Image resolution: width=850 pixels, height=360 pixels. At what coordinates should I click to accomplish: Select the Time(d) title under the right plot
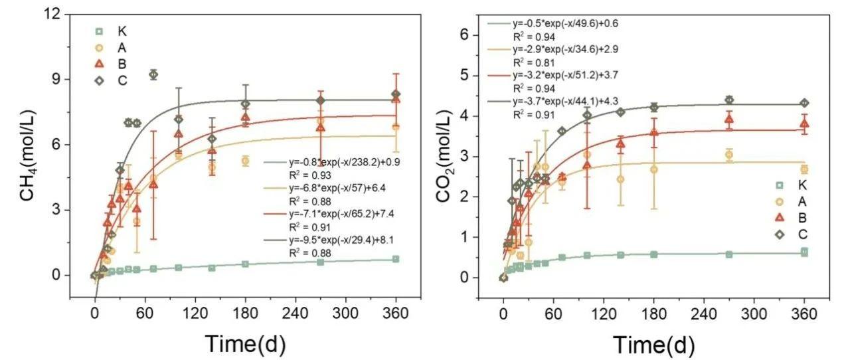pos(654,345)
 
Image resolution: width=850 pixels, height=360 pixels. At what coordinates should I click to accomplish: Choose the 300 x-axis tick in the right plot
pos(754,313)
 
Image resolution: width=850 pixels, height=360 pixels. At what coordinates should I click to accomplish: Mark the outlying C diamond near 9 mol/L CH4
pos(153,74)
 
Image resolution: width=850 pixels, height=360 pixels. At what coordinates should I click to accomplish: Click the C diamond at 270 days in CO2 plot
pos(728,100)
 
